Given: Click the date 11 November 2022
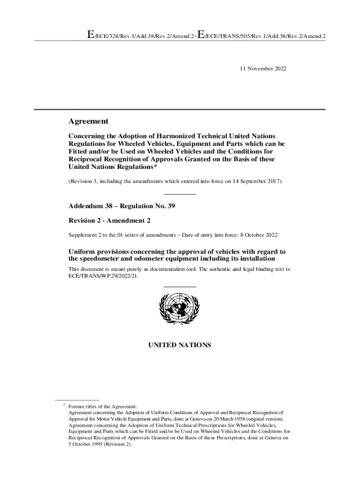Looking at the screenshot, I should [x=263, y=69].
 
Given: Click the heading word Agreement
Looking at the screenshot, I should [x=88, y=122].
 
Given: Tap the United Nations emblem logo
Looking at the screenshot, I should [x=180, y=309].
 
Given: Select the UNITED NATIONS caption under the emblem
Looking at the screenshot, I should [x=180, y=345].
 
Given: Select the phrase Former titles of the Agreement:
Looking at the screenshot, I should [x=103, y=406].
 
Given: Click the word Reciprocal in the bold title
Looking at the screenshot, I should [x=87, y=159].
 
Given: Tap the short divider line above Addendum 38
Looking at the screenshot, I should [x=180, y=194].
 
